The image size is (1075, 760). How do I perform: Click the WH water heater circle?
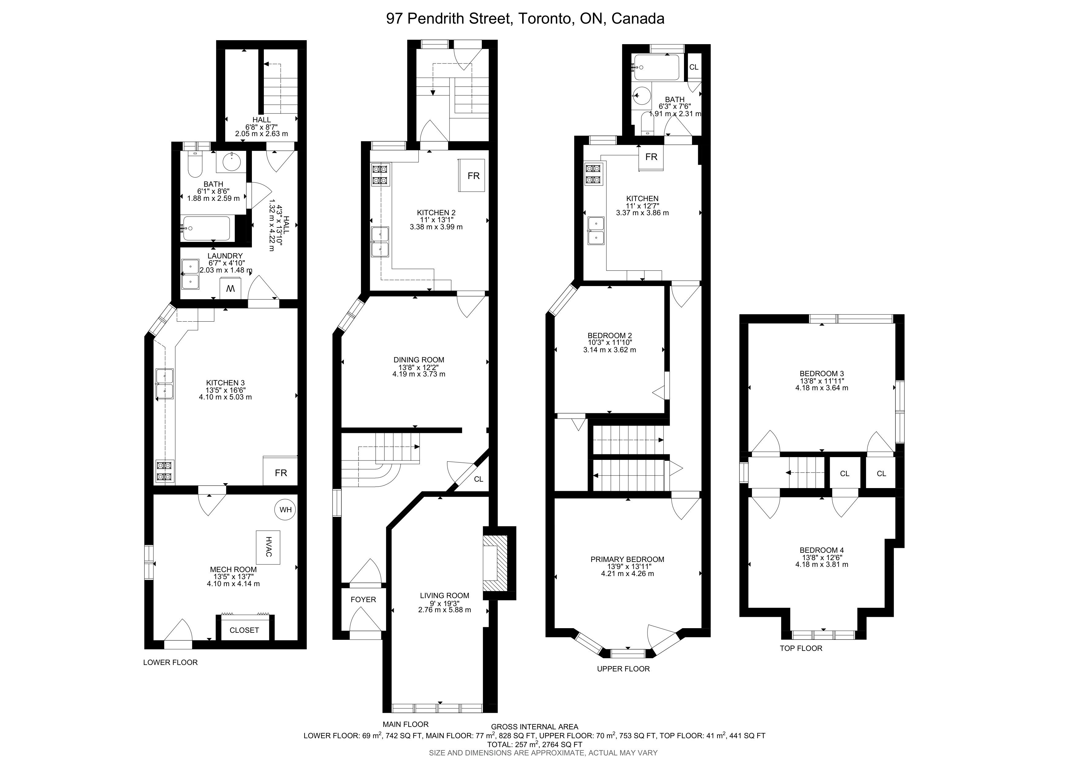(x=286, y=510)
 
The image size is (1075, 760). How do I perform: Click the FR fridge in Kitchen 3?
(x=280, y=471)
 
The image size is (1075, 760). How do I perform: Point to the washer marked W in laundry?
(x=230, y=288)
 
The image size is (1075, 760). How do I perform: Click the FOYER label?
(x=363, y=599)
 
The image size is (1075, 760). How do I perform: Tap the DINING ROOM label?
(x=419, y=360)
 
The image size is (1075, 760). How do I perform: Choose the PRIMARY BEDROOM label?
(x=627, y=559)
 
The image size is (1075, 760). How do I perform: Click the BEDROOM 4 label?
(x=822, y=550)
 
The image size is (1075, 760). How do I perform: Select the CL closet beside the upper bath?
(x=694, y=67)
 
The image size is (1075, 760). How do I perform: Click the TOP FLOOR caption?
(x=801, y=648)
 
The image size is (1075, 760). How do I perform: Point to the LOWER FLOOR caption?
(x=170, y=662)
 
